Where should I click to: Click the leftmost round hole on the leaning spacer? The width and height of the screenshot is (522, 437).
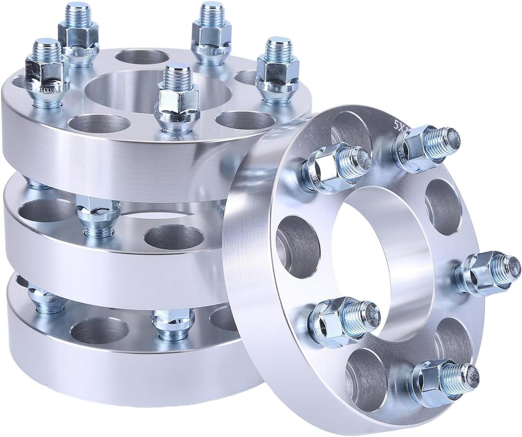coord(298,246)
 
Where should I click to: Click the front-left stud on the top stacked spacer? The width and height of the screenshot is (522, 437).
coord(47,73)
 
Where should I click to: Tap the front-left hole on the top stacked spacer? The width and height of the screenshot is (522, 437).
coord(99,123)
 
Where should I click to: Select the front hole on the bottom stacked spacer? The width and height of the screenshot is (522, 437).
coord(100,331)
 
